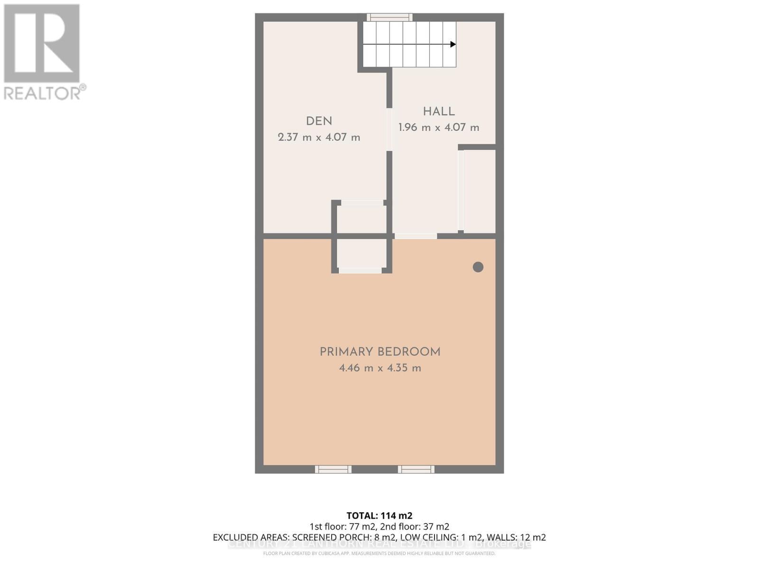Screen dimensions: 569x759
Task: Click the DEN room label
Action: (319, 121)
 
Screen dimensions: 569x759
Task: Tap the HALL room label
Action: (439, 112)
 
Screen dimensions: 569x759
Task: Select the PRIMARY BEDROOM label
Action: (380, 352)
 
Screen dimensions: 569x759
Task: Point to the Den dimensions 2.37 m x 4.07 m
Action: (319, 138)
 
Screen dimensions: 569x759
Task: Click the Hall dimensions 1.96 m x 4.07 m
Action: (439, 128)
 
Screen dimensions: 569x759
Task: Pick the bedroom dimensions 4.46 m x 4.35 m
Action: (380, 368)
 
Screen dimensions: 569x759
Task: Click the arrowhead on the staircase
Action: (453, 45)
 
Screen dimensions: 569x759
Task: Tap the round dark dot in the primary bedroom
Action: (478, 267)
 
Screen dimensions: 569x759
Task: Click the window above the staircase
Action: (389, 18)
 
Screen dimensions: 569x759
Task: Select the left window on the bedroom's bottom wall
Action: (333, 469)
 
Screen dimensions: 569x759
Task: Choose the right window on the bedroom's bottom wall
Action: (416, 469)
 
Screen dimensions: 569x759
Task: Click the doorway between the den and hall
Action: (389, 129)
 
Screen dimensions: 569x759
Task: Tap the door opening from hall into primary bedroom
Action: (416, 236)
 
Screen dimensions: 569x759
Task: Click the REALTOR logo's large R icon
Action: (42, 44)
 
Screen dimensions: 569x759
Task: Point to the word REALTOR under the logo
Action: (43, 92)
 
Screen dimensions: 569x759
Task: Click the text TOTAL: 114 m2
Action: (379, 515)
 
